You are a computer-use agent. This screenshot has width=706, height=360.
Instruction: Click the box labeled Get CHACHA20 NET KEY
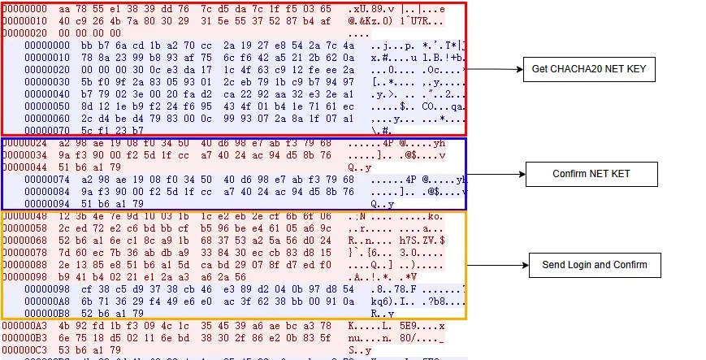(x=588, y=69)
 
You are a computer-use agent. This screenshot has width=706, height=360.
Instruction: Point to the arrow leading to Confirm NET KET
(x=496, y=174)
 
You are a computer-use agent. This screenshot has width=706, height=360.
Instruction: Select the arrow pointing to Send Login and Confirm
(x=495, y=265)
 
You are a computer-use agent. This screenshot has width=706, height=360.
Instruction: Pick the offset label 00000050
(x=48, y=106)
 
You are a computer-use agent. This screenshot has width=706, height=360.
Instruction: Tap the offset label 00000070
(x=48, y=129)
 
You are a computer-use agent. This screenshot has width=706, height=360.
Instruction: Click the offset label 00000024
(x=24, y=143)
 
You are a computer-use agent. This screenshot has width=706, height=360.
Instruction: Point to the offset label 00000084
(x=48, y=192)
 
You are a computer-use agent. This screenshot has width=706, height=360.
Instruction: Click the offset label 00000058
(x=24, y=228)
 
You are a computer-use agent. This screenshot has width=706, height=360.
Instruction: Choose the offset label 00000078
(x=24, y=253)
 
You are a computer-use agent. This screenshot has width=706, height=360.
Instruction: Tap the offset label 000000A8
(x=48, y=300)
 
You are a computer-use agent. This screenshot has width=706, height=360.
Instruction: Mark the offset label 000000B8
(x=48, y=312)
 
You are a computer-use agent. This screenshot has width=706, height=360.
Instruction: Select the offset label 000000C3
(x=24, y=349)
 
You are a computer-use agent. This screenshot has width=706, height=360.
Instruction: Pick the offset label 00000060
(x=48, y=118)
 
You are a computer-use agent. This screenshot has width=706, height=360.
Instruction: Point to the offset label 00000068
(x=24, y=241)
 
